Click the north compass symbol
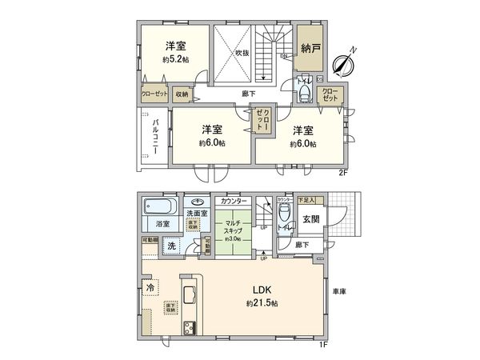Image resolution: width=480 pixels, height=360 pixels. [x=345, y=62]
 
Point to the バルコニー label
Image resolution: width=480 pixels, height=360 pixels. [x=154, y=138]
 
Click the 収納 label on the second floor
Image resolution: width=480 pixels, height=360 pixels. [x=182, y=94]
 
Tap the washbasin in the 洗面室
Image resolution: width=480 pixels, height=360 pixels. [x=197, y=202]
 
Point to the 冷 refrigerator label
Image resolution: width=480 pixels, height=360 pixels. [x=149, y=286]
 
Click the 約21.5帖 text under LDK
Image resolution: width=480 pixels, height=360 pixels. [x=262, y=304]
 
